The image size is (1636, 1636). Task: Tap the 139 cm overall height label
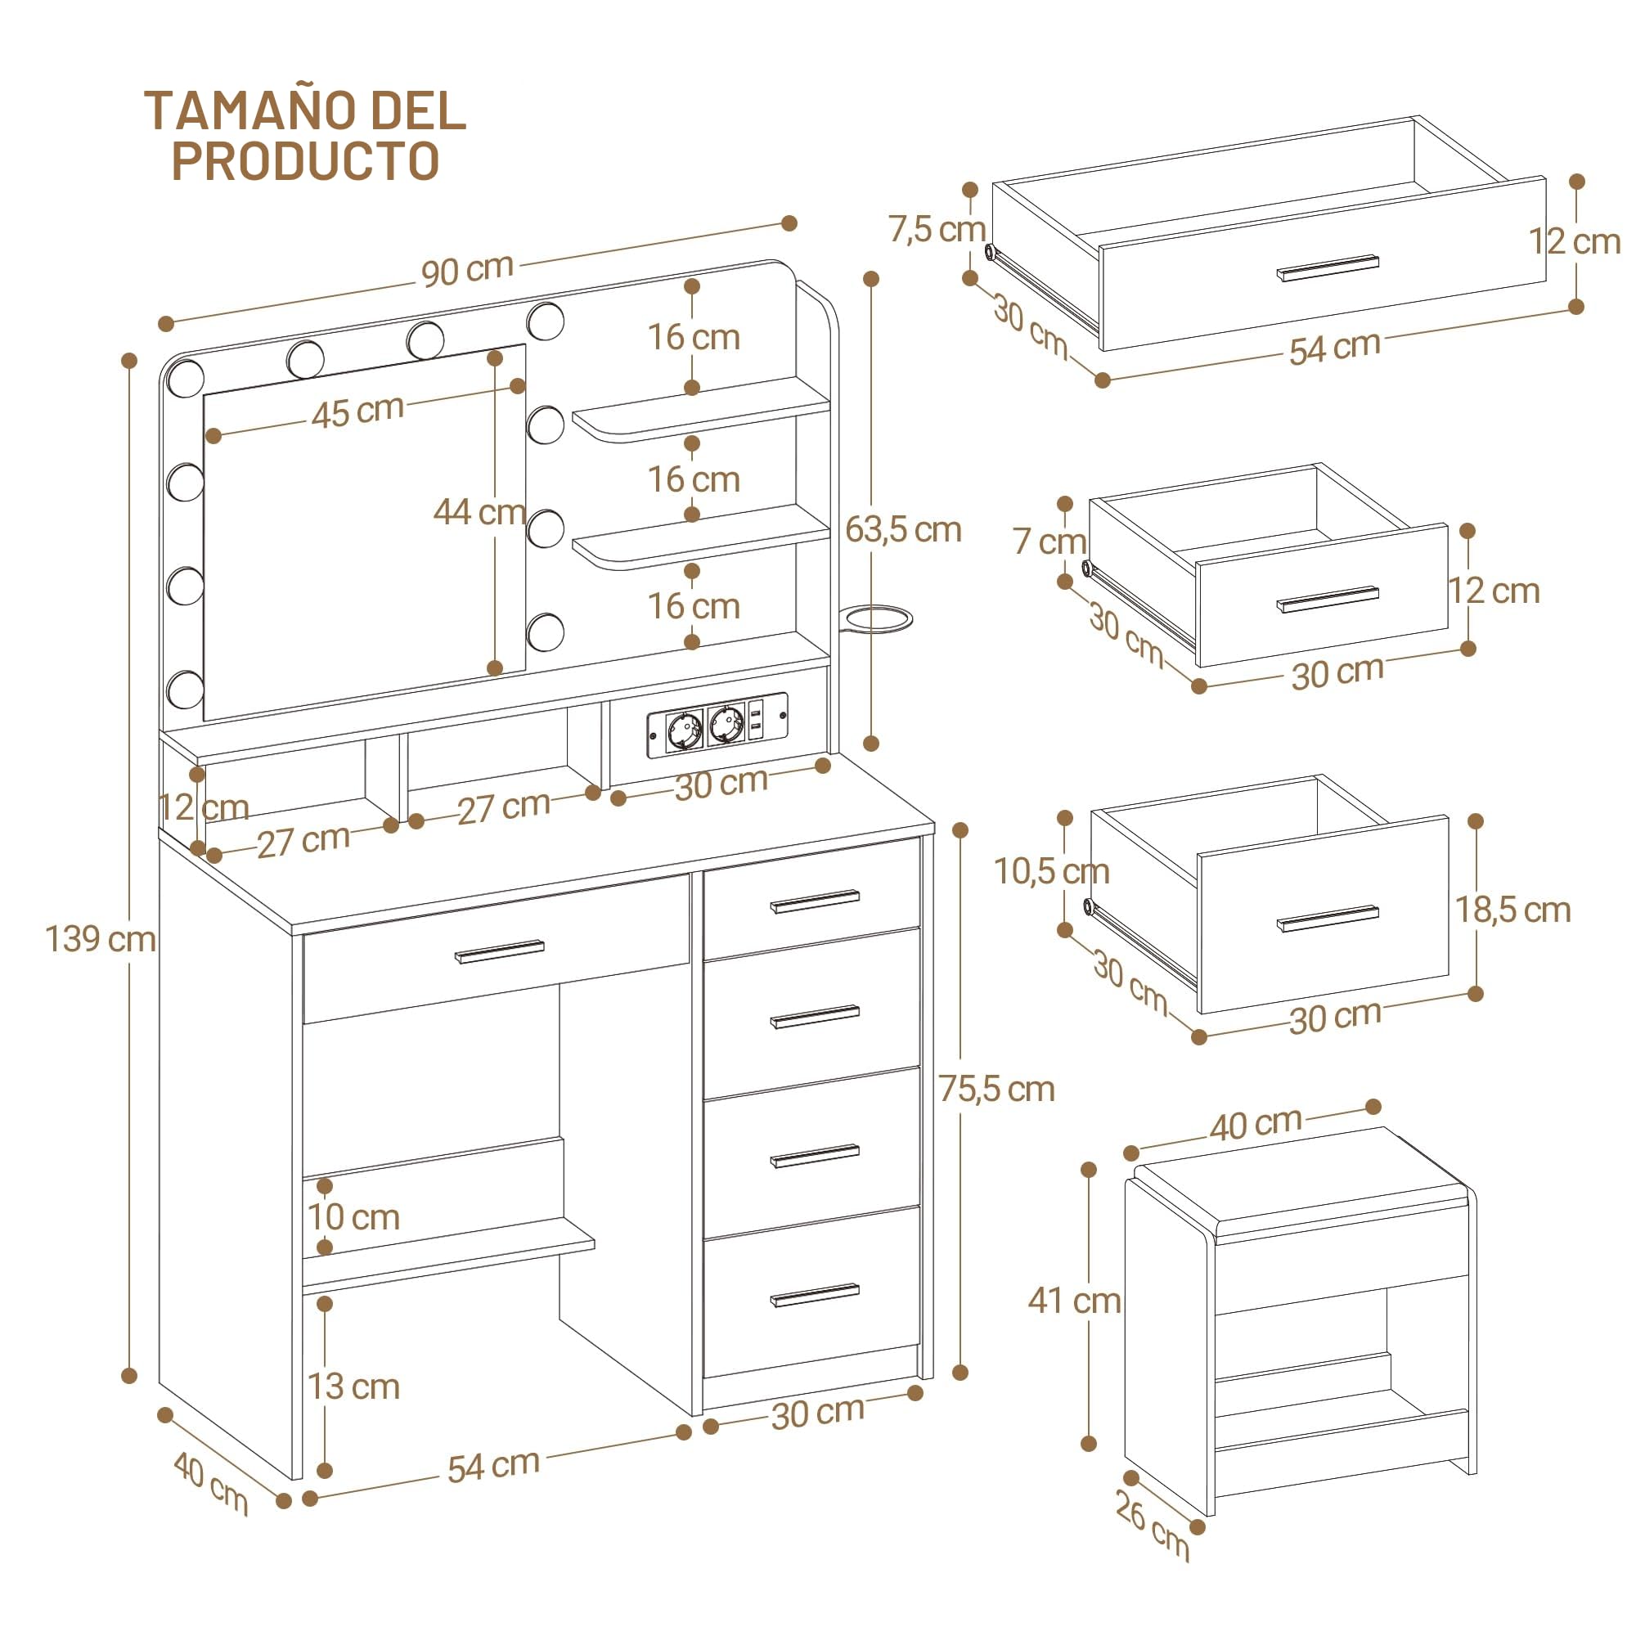pos(101,939)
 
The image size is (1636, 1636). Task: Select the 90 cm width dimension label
pos(468,269)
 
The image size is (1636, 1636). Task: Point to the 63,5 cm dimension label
pos(904,530)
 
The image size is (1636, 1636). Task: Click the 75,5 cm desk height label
pos(996,1089)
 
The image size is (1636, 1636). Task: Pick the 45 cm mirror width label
pos(357,411)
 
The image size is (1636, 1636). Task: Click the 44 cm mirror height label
pos(479,511)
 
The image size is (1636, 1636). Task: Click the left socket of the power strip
pos(684,730)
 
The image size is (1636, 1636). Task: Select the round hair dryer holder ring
pos(878,618)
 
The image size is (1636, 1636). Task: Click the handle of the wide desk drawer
pos(501,951)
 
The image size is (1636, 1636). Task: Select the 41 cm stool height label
pos(1075,1301)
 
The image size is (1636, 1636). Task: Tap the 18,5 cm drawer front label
pos(1513,910)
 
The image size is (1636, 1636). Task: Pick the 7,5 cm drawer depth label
pos(937,229)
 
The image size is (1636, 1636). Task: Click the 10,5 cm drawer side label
pos(1052,870)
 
